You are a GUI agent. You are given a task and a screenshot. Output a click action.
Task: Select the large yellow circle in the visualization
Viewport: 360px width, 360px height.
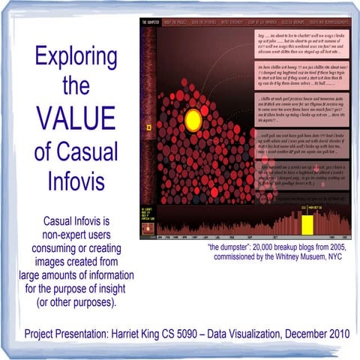[x=193, y=119]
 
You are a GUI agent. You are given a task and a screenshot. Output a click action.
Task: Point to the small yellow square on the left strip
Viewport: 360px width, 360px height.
[x=149, y=128]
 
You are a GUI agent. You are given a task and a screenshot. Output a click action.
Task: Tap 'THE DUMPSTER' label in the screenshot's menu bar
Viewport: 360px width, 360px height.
[x=152, y=22]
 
